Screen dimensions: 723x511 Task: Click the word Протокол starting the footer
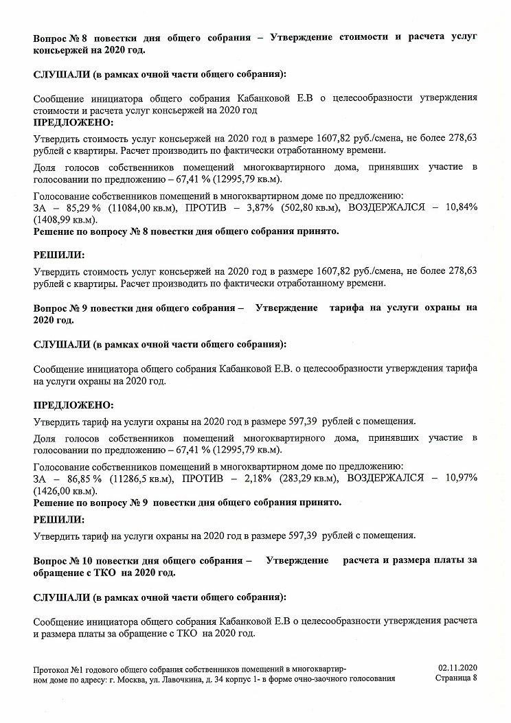[51, 667]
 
